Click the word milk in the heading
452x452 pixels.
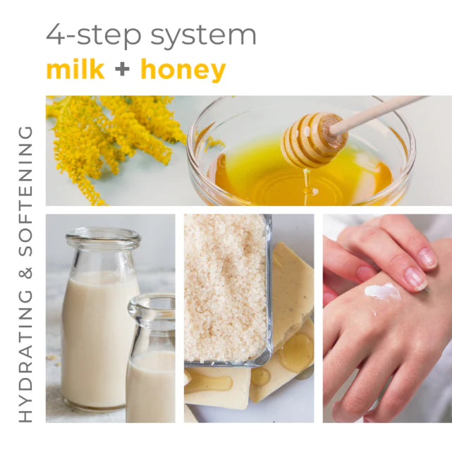pos(75,70)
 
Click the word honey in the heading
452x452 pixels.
pos(183,71)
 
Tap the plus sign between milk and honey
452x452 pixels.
pos(123,71)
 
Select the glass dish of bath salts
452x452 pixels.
pos(226,289)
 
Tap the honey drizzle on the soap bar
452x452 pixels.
pos(296,353)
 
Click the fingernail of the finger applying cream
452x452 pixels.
pos(415,279)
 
